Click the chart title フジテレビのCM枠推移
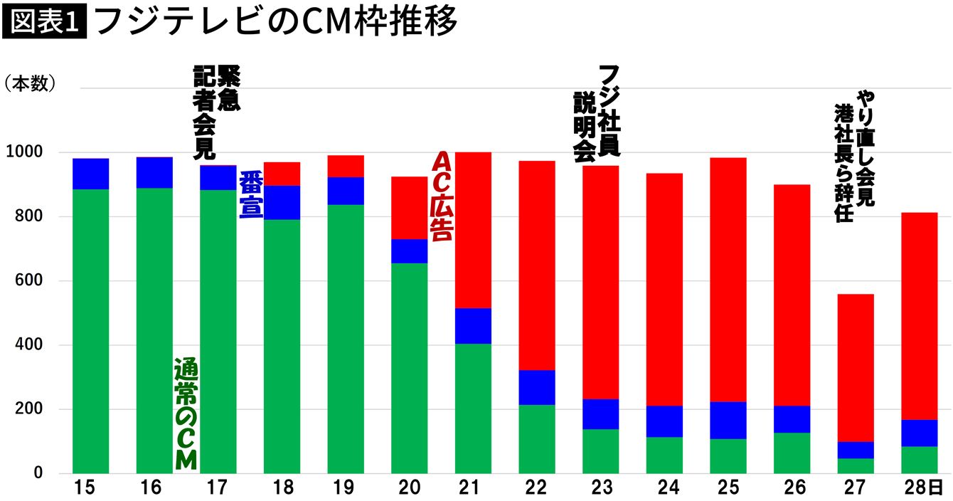(275, 23)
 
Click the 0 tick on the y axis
(41, 473)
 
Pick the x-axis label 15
(90, 489)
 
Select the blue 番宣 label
(250, 194)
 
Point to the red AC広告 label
(443, 196)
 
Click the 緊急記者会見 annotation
(216, 112)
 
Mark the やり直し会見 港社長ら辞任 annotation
(854, 157)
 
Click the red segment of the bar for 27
(856, 367)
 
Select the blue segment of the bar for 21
(473, 326)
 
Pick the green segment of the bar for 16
(154, 330)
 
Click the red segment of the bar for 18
(282, 174)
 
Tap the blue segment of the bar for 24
(664, 421)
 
